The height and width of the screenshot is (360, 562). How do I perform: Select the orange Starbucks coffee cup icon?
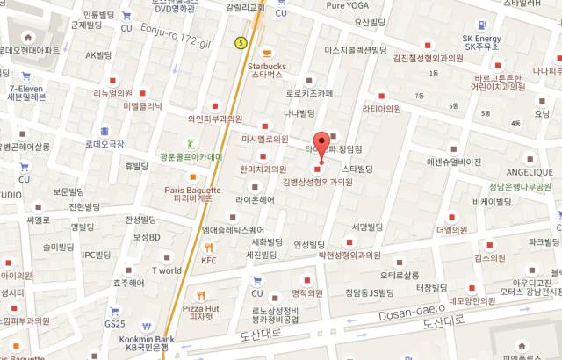(266, 51)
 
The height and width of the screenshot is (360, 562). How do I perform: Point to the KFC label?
(208, 260)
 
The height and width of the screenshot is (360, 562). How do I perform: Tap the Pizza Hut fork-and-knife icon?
(202, 295)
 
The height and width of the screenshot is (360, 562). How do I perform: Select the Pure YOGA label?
(348, 5)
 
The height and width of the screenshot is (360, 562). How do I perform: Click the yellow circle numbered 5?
(241, 42)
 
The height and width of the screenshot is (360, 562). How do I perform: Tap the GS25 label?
(115, 324)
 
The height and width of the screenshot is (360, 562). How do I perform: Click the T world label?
(167, 270)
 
